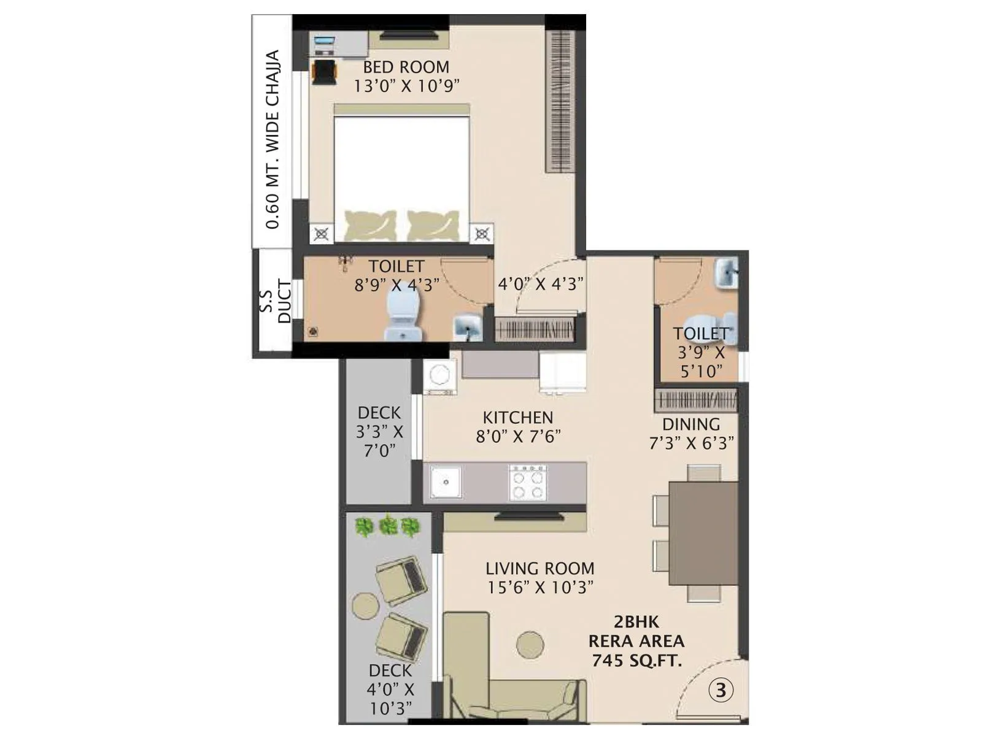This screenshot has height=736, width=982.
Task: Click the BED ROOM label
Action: pos(406,67)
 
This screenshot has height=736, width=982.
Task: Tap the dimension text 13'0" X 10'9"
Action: pos(406,86)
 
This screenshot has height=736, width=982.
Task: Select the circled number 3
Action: pos(721,691)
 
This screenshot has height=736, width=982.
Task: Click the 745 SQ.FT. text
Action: pos(636,660)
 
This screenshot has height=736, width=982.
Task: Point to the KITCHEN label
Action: pos(517,418)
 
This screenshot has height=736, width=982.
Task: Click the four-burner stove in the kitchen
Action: pos(528,483)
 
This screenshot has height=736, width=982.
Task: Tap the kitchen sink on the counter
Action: pos(445,482)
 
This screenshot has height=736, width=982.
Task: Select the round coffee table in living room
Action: pos(530,645)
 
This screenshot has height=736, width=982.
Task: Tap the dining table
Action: pos(703,533)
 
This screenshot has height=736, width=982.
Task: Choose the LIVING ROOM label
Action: pos(539,569)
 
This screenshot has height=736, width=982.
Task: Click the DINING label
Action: pos(690,424)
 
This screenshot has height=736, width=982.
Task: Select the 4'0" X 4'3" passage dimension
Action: pos(539,284)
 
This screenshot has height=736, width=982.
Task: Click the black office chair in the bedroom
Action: pos(324,71)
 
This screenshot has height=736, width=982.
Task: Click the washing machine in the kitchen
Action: pos(439,375)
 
